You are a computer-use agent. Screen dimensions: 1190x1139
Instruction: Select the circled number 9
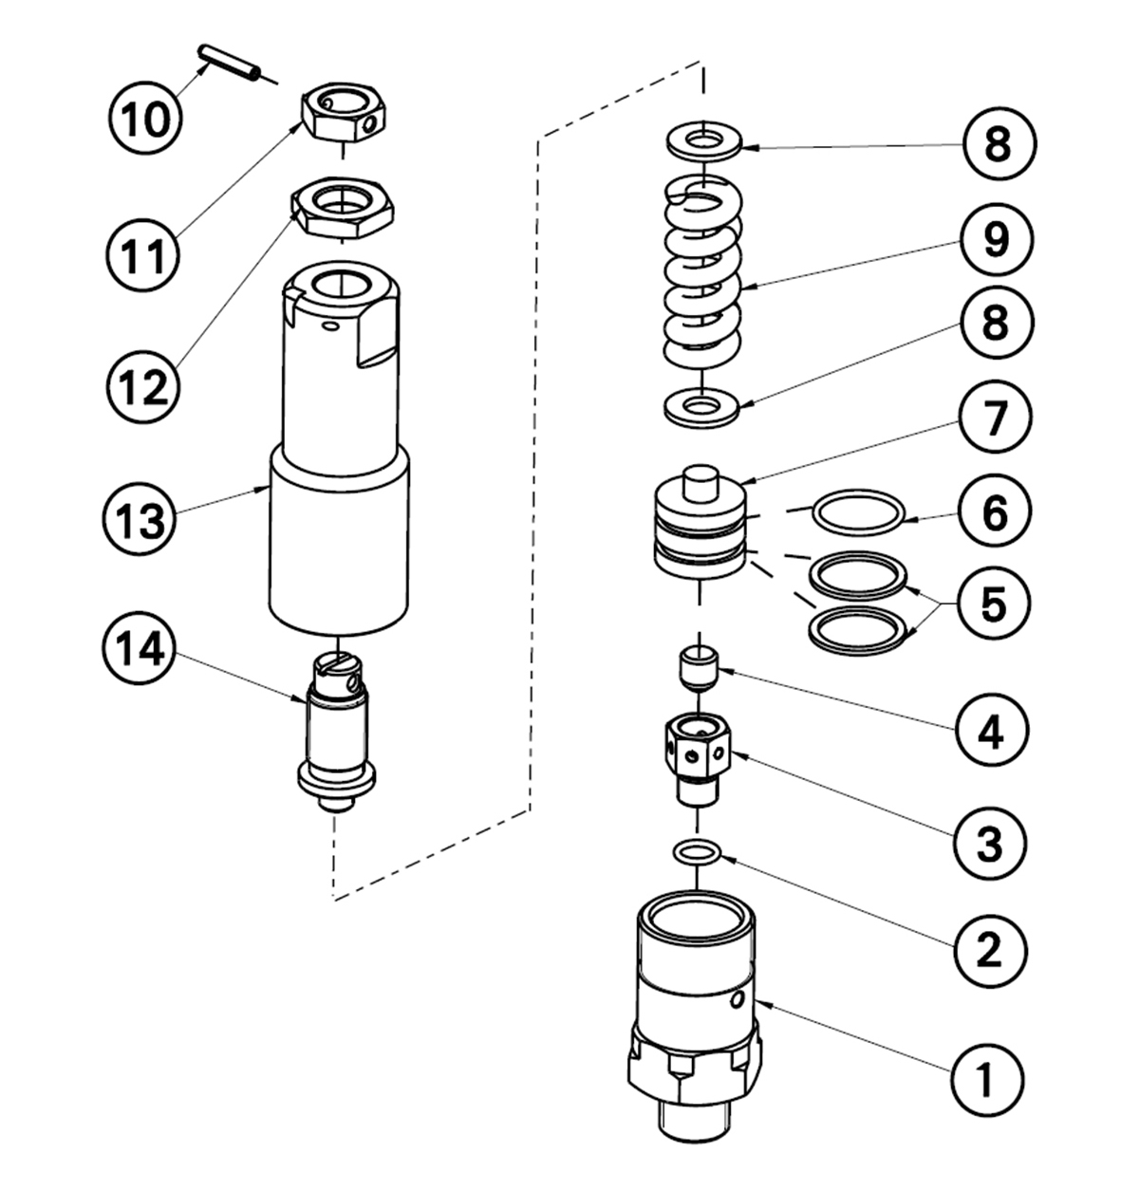(994, 239)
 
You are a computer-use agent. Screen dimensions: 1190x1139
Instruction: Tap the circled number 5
(993, 602)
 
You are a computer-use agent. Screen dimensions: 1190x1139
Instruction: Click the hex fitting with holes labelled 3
(698, 754)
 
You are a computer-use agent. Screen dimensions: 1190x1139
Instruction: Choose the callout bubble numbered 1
(988, 1079)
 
